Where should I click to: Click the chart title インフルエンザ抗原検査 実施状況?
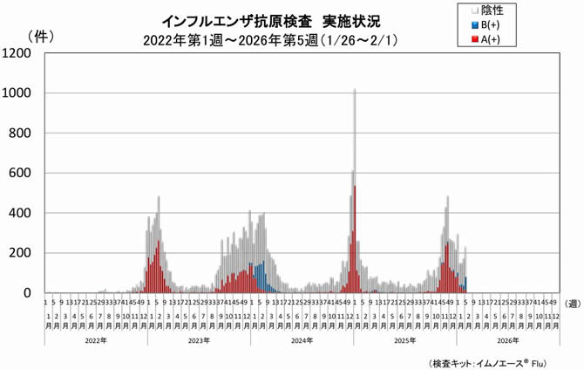pyautogui.click(x=271, y=19)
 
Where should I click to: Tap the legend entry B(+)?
pyautogui.click(x=489, y=25)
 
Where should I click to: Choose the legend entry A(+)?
pyautogui.click(x=489, y=39)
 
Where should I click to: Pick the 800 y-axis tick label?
pyautogui.click(x=20, y=133)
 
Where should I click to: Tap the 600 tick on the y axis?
pyautogui.click(x=20, y=173)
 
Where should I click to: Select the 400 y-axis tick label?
pyautogui.click(x=20, y=213)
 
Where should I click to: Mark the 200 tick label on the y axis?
pyautogui.click(x=20, y=253)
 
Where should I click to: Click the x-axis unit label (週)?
pyautogui.click(x=572, y=303)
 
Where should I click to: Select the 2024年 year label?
pyautogui.click(x=301, y=340)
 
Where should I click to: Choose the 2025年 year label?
pyautogui.click(x=404, y=340)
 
